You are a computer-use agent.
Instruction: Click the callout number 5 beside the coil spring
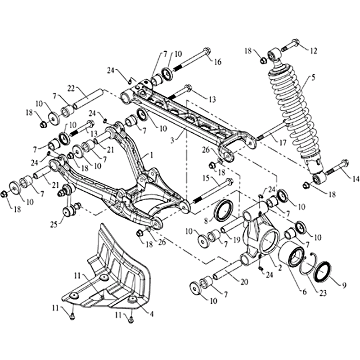313,78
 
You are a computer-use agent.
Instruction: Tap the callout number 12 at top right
313,51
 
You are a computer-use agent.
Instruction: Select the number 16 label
217,62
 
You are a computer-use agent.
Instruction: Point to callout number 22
72,88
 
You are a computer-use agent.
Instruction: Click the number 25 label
54,224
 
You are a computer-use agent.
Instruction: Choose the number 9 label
344,285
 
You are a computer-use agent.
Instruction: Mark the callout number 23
323,293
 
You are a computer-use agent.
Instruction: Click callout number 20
244,282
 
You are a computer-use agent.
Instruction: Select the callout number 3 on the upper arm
172,140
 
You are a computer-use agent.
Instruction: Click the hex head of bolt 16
207,51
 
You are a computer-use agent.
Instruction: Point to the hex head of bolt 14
345,163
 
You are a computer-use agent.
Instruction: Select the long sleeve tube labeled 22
88,98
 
